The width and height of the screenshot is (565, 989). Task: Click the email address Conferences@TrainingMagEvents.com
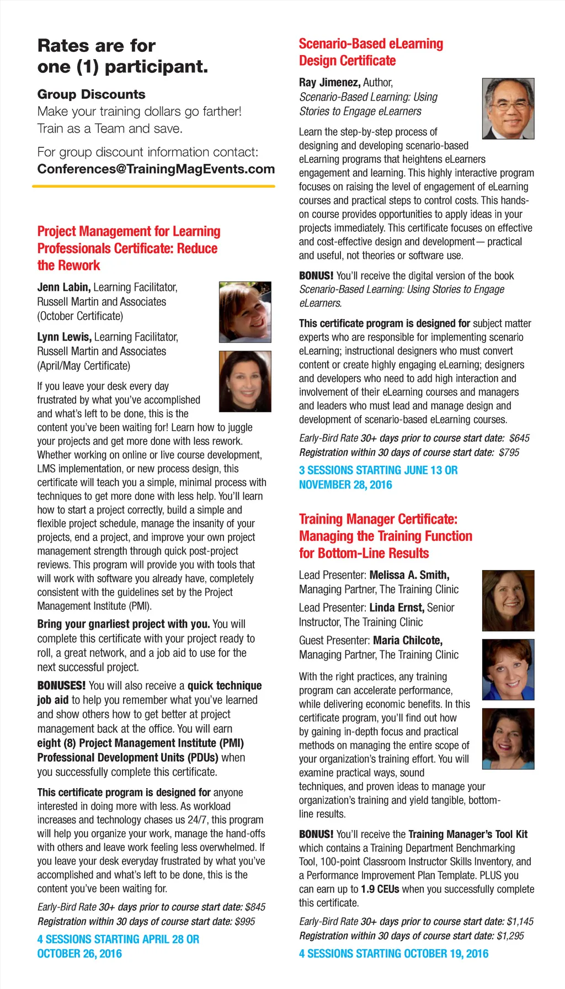156,169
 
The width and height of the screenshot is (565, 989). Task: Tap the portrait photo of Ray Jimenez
508,109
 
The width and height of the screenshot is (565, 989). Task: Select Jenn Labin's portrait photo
245,312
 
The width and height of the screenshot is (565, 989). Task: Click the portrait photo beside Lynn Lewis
245,381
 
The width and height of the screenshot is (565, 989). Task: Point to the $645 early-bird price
519,438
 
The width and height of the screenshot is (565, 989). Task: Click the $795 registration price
509,453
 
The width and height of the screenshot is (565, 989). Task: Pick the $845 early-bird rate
255,907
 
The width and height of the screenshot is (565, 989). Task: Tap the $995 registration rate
244,921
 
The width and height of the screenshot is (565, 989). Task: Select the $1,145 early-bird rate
520,921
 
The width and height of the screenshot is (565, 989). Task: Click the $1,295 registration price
510,935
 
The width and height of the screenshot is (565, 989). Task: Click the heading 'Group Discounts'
92,94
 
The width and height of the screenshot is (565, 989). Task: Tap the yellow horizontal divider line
153,187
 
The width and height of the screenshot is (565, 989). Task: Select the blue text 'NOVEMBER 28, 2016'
345,485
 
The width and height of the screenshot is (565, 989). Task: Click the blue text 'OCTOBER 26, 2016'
79,953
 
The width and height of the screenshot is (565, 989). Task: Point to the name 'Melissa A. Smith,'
409,575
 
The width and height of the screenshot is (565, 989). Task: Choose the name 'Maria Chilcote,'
408,640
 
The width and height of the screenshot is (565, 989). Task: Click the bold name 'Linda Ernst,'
397,608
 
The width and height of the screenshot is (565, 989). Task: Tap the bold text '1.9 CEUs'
380,889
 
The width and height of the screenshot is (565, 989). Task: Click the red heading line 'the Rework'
68,265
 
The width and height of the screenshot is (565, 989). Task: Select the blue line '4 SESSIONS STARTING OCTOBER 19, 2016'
393,953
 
